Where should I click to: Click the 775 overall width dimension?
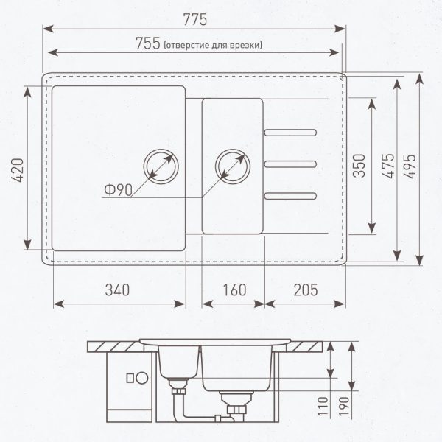[x=194, y=14]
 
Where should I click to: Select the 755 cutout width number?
[x=147, y=43]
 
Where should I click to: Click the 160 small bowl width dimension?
[x=233, y=290]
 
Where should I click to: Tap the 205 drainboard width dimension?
[x=305, y=290]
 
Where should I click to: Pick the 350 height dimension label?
[x=359, y=167]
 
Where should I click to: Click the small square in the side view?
[x=130, y=379]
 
